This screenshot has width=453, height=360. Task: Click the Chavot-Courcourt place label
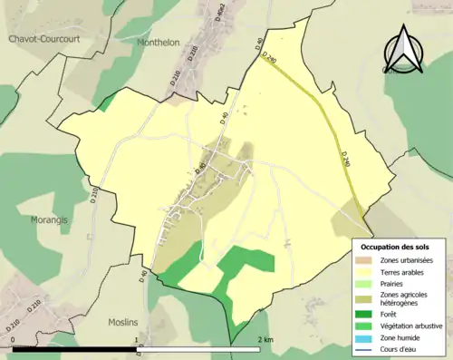44,39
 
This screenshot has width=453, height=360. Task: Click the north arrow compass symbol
404,50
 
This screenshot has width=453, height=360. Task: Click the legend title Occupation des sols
395,247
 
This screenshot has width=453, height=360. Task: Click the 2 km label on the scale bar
264,340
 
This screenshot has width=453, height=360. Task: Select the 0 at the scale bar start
13,340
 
